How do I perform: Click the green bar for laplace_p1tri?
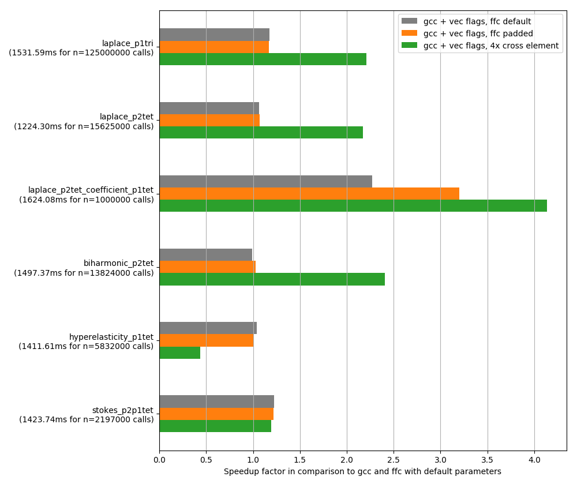point(263,59)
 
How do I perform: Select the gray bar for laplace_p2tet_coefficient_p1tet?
point(265,181)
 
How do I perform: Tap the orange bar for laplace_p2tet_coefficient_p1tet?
point(309,193)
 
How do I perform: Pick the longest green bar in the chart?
point(353,205)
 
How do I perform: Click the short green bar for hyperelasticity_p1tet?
point(179,352)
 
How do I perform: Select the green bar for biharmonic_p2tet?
point(272,279)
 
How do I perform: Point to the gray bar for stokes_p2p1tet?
point(216,402)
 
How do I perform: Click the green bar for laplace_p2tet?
point(261,132)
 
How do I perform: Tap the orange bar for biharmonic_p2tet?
point(207,267)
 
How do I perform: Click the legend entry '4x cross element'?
point(490,46)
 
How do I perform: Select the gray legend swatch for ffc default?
point(409,21)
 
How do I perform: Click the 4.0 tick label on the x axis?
point(534,460)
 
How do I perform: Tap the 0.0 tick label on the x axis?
point(159,460)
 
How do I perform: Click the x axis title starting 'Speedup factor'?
point(362,471)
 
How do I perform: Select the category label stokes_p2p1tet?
point(122,410)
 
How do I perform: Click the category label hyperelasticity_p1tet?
point(111,337)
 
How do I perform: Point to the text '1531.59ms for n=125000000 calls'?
point(81,52)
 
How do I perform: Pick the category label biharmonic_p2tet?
point(118,263)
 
